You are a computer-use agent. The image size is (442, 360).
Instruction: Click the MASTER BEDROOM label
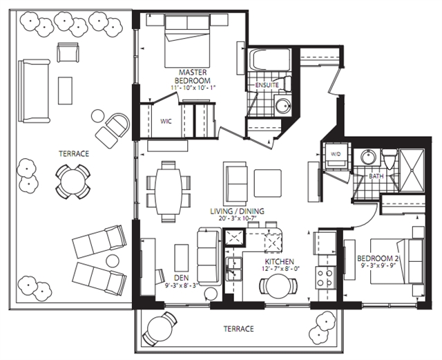point(193,76)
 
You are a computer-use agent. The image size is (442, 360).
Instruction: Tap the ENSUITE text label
point(267,85)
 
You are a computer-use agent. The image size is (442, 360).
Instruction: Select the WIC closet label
point(166,122)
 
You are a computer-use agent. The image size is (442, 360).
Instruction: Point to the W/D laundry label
point(336,154)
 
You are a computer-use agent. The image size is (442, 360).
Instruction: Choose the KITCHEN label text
point(279,262)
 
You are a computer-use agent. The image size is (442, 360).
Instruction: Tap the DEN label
point(181,277)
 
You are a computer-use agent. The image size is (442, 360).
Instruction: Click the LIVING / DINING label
point(238,211)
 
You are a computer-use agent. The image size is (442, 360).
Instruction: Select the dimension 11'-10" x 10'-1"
point(193,88)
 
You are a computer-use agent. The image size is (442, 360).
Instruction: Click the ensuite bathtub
point(269,60)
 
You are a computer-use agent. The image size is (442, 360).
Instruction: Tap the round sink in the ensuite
point(282,105)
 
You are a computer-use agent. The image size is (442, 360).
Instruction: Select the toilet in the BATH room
point(390,158)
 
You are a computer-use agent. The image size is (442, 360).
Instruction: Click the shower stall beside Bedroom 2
point(412,171)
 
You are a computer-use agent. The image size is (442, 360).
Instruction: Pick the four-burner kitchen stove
point(325,277)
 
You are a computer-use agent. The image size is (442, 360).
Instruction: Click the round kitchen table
point(278,285)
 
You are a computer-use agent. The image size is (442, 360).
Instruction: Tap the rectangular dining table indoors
point(169,191)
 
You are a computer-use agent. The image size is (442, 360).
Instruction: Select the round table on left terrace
point(73,182)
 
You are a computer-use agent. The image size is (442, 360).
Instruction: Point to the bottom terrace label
point(238,329)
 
